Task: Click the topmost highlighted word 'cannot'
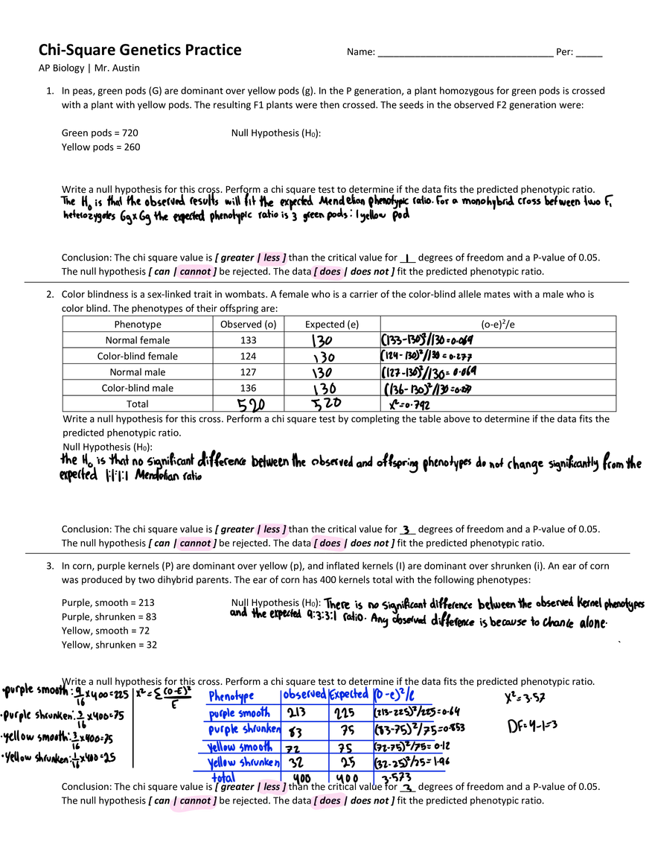tap(195, 272)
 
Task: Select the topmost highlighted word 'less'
tap(272, 258)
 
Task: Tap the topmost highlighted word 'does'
tap(329, 272)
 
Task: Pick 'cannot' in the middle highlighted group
tap(195, 543)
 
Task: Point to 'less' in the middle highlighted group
tap(272, 529)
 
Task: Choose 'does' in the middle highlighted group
tap(329, 543)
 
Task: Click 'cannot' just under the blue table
tap(195, 801)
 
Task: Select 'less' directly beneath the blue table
tap(272, 787)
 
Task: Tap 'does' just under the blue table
tap(329, 801)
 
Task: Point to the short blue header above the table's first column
tap(231, 697)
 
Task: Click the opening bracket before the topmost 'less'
tap(258, 258)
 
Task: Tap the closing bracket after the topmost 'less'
tap(285, 258)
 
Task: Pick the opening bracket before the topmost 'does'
tap(315, 272)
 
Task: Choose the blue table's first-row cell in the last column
tap(404, 714)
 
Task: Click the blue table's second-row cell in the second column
tap(305, 730)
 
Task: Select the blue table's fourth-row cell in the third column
tap(350, 762)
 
